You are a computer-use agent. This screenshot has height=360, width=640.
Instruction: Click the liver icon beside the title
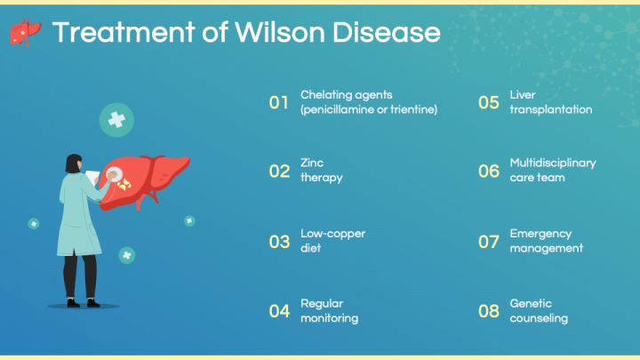point(25,33)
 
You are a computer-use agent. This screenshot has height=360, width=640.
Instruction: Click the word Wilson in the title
point(280,32)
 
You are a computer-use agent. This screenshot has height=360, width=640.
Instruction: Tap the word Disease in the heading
point(387,32)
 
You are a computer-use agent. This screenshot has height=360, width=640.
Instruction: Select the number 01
point(279,102)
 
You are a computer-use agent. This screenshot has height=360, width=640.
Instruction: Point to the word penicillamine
point(340,110)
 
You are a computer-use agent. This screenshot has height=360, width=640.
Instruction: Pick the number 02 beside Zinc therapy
point(279,171)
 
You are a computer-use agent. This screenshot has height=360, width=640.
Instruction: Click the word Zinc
point(312,163)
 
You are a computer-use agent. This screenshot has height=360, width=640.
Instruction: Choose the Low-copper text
point(332,234)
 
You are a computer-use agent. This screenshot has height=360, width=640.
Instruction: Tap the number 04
point(279,311)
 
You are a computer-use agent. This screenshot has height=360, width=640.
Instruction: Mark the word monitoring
point(330,318)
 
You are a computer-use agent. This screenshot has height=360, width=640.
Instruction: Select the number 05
point(489,102)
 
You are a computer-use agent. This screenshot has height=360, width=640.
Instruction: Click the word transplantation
point(550,110)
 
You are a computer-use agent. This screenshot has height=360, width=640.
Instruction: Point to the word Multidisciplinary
point(553,164)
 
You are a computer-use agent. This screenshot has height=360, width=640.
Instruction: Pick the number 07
point(489,242)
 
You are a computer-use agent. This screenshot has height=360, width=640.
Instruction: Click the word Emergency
point(540,234)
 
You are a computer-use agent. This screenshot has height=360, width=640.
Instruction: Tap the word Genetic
point(531,304)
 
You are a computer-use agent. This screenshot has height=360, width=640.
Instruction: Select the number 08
point(489,311)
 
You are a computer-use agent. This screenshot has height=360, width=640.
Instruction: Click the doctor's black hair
point(73,163)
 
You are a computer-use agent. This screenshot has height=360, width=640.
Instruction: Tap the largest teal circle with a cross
point(116,120)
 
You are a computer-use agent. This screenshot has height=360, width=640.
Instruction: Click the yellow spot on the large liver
point(124,185)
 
